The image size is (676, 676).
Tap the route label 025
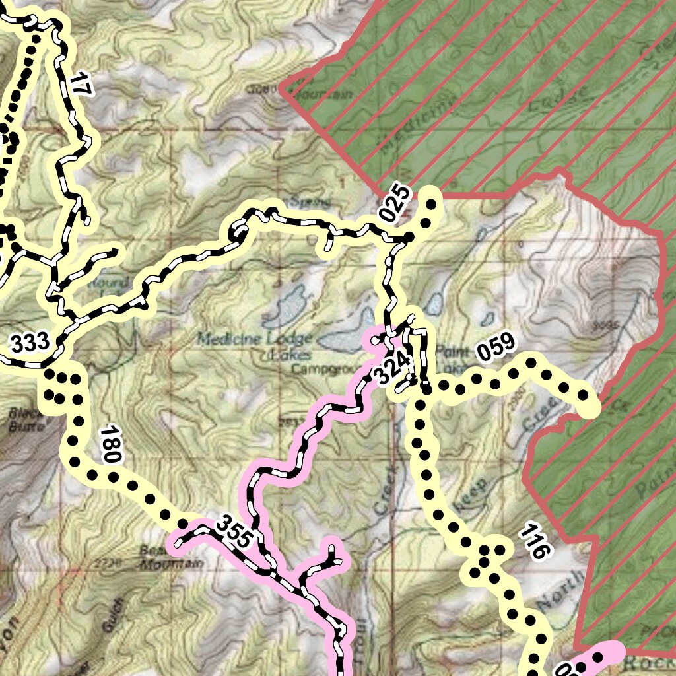[395, 205]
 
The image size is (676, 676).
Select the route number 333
[30, 343]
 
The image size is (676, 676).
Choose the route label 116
[534, 541]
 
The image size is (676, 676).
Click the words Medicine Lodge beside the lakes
[254, 339]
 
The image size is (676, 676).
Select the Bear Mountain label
[169, 558]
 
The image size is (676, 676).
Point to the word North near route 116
[560, 591]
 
